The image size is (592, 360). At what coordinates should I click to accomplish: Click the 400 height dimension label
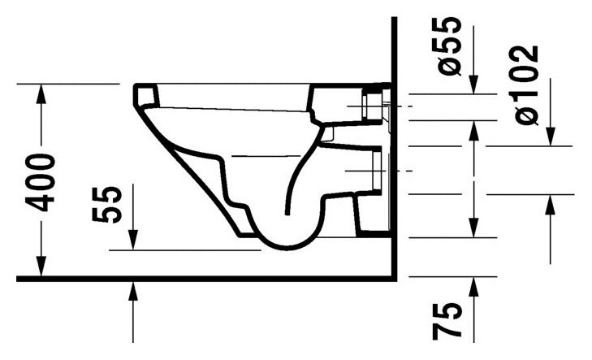41,183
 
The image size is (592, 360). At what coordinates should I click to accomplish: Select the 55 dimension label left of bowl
107,204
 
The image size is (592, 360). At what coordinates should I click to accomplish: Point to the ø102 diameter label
525,85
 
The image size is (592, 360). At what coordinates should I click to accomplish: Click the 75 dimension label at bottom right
447,321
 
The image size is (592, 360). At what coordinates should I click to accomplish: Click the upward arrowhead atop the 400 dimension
41,93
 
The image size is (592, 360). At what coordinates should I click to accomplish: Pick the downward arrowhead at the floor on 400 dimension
41,267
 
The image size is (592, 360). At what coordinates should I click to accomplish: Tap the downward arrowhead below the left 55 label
133,240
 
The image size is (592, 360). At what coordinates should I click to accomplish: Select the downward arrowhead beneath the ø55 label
473,84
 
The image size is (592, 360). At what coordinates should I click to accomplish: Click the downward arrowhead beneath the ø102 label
551,136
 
